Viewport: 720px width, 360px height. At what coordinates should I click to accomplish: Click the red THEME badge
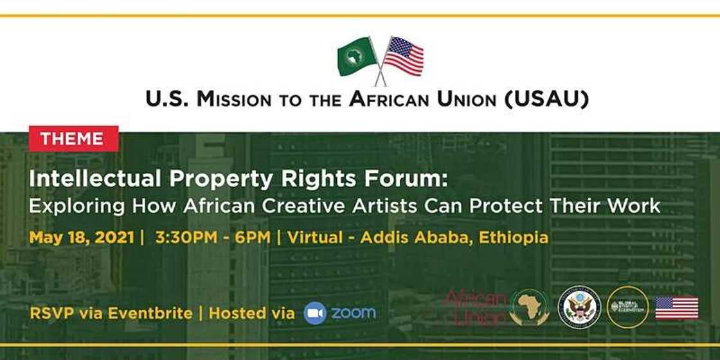(x=73, y=139)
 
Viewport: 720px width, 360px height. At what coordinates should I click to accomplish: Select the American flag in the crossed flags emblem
(x=404, y=57)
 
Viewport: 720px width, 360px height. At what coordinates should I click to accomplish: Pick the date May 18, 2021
(x=82, y=237)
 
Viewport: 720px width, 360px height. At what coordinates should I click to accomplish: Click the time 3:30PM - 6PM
(x=214, y=237)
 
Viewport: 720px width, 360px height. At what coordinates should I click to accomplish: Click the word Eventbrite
(x=149, y=313)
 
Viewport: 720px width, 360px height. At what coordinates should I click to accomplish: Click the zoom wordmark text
(x=354, y=313)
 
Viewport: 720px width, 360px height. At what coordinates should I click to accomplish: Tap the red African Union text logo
(x=476, y=307)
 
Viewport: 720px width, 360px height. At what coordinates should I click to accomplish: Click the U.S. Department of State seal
(x=579, y=307)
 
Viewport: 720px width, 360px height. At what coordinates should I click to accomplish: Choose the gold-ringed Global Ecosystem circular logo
(x=627, y=307)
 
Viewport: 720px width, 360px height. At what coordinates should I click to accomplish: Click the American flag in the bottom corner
(x=676, y=307)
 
